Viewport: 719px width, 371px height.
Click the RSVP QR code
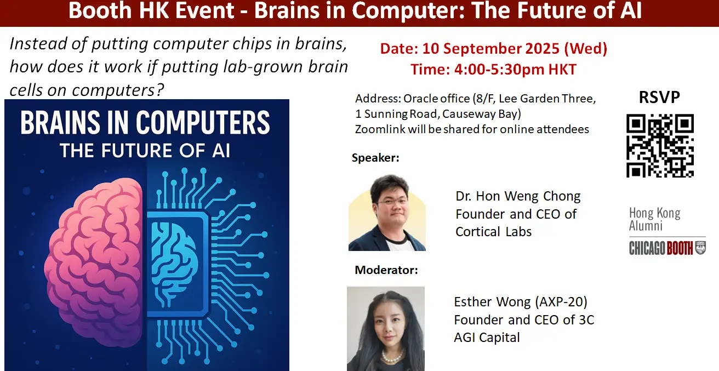[660, 145]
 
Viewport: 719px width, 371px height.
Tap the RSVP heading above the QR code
[659, 97]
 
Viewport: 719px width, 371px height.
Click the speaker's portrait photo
[387, 213]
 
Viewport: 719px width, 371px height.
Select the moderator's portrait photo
[386, 329]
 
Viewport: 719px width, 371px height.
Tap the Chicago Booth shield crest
[700, 248]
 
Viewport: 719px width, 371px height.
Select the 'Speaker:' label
[375, 158]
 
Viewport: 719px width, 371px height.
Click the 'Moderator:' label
[386, 270]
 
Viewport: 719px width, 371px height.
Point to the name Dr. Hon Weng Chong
[518, 196]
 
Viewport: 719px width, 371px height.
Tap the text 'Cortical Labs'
[493, 232]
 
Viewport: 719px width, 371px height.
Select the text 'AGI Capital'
[487, 338]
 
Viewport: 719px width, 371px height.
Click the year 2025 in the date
[543, 49]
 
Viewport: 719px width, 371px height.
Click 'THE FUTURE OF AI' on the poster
[145, 151]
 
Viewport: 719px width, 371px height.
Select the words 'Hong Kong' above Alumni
[655, 213]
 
